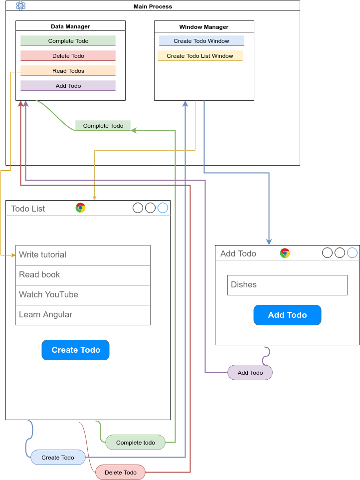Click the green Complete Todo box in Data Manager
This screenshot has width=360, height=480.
[x=68, y=41]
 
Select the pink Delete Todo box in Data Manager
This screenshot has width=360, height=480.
[x=68, y=56]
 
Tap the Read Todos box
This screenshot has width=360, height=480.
[x=68, y=71]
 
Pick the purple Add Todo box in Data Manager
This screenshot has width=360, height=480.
[x=68, y=86]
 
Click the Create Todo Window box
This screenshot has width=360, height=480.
[x=201, y=41]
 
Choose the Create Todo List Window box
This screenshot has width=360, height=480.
[x=200, y=56]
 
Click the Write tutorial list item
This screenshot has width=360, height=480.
[x=83, y=255]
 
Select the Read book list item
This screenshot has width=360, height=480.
[x=83, y=275]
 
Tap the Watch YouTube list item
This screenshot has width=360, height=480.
[x=83, y=295]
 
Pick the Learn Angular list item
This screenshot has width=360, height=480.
[x=83, y=315]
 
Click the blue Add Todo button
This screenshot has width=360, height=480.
[x=287, y=315]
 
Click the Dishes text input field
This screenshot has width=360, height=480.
[x=287, y=285]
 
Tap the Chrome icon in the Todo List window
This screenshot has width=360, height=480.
[x=80, y=208]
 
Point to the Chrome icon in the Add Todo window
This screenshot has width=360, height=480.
[x=285, y=253]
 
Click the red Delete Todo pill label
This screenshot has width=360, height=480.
[x=121, y=473]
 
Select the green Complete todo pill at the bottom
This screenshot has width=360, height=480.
[x=135, y=443]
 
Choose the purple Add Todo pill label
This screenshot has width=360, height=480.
[x=250, y=373]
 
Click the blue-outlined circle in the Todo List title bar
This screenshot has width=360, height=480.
[x=163, y=208]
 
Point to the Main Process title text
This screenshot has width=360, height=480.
[x=153, y=6]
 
